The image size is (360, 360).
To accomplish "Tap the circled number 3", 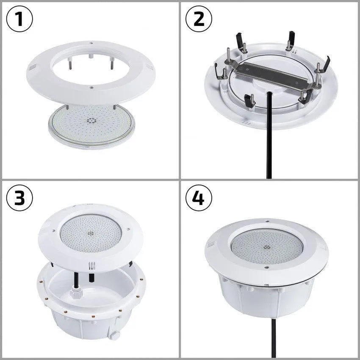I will (20, 198).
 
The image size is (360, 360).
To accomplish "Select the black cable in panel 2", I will (269, 140).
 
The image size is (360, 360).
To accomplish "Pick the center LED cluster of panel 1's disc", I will (91, 120).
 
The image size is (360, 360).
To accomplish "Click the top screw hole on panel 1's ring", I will (91, 42).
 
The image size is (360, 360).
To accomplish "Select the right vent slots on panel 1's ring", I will (149, 66).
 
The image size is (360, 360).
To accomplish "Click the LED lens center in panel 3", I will (91, 233).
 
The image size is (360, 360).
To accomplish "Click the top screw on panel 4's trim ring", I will (266, 221).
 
